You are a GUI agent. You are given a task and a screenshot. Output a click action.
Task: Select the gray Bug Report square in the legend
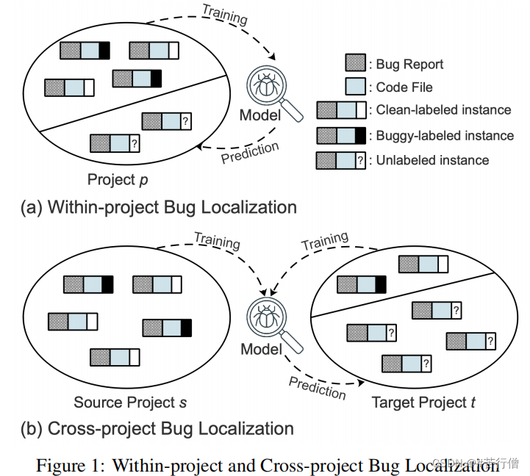coord(356,64)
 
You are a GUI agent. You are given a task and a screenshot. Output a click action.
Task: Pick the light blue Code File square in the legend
coord(356,87)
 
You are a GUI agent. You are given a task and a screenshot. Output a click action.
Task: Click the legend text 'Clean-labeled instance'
coord(443,110)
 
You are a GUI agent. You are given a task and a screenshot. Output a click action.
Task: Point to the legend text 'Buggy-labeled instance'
coord(445,135)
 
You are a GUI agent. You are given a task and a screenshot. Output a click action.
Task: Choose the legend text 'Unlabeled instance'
coord(432,159)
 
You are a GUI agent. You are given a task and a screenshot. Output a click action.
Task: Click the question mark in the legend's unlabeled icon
coord(359,159)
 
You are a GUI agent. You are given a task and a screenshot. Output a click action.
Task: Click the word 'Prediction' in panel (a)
coord(250,154)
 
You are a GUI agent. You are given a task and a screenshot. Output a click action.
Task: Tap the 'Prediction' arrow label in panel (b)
coord(317,387)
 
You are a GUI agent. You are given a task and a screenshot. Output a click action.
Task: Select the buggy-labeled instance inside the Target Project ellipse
coord(361,284)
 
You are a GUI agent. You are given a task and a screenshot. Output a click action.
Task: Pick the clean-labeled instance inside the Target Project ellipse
coord(423,264)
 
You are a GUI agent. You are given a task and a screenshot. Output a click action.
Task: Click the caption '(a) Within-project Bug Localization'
coord(159,207)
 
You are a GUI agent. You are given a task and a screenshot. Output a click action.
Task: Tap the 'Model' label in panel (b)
coord(261,349)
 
